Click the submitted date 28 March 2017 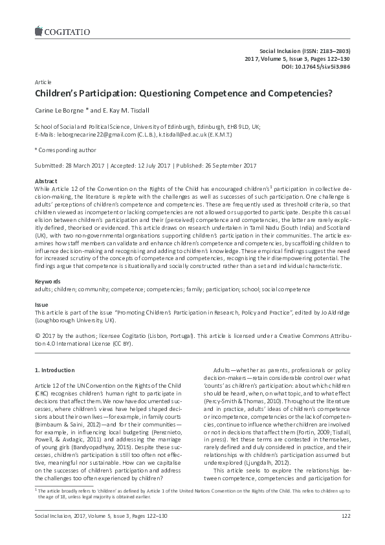click(87, 164)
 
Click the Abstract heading click(45, 181)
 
